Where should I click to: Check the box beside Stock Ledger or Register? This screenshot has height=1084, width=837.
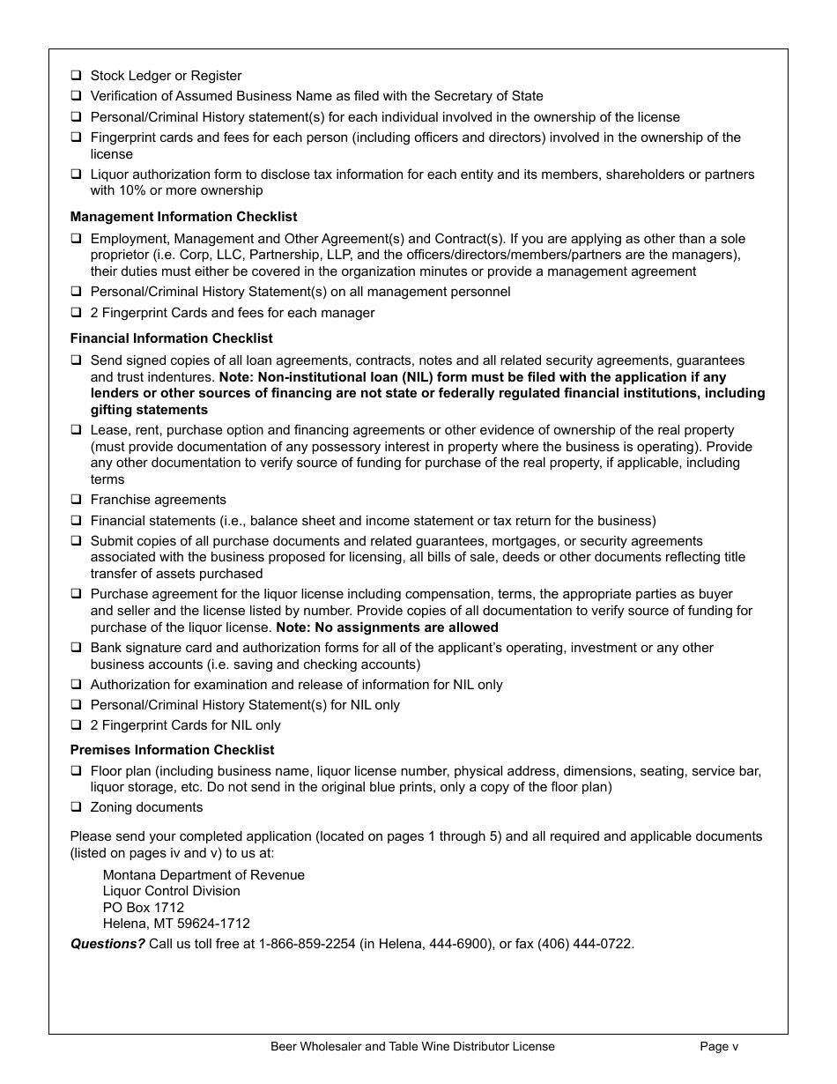click(x=77, y=76)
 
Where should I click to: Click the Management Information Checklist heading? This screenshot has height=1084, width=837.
click(x=183, y=217)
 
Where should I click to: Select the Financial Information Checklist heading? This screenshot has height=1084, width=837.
click(x=171, y=338)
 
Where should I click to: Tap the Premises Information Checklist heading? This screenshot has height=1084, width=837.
click(x=172, y=750)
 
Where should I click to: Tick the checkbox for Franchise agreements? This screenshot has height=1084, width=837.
click(x=77, y=500)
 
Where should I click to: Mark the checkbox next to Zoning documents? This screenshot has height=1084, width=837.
click(x=77, y=807)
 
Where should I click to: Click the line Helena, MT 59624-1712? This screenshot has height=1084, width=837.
click(x=176, y=924)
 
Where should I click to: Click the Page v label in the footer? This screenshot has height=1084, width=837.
click(x=719, y=1047)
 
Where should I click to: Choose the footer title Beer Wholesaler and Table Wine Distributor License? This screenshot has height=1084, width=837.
click(x=412, y=1047)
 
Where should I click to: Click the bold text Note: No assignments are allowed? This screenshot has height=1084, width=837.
click(x=387, y=627)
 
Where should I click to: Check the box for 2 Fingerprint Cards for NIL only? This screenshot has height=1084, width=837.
click(x=77, y=725)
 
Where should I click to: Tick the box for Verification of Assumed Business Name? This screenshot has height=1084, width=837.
click(x=77, y=96)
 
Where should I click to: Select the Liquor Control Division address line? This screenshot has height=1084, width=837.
click(x=171, y=891)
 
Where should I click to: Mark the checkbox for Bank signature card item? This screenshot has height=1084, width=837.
click(x=77, y=648)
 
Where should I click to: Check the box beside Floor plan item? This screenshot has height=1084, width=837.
click(x=77, y=771)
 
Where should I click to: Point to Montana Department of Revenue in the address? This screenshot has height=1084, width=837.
click(x=204, y=875)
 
